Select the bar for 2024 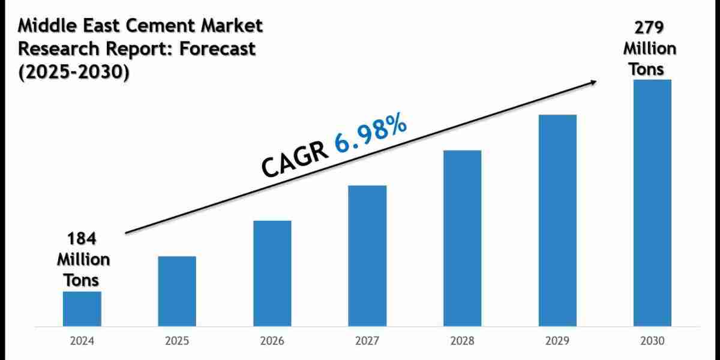coord(82,309)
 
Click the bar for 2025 coord(177,292)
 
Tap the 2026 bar coord(272,274)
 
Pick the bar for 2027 coord(367,256)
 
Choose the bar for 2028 coord(462,238)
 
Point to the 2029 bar coord(557,221)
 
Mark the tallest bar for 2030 coord(652,203)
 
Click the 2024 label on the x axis coord(82,341)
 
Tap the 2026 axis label coord(272,341)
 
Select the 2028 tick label coord(462,341)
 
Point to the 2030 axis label coord(652,341)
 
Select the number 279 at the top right coord(649,28)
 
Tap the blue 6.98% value coord(371,137)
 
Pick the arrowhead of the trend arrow coord(593,82)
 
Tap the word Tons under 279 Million coord(646,69)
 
